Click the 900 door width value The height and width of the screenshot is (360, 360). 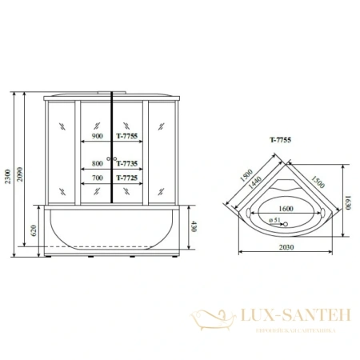tap(98, 137)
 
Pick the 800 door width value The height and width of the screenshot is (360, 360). tap(98, 160)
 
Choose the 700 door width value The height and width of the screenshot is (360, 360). tap(98, 178)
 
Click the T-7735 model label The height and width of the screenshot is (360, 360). tap(128, 160)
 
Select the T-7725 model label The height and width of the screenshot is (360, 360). tap(128, 178)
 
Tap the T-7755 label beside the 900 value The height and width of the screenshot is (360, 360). tap(128, 137)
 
